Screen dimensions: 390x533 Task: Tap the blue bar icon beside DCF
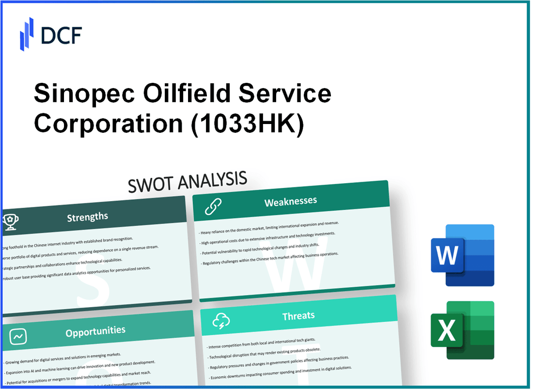pos(27,33)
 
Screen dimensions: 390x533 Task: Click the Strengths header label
pos(87,217)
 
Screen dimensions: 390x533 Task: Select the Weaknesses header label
pos(291,202)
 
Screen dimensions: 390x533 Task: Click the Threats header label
pos(298,316)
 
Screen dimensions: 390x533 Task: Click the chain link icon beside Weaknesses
pos(213,206)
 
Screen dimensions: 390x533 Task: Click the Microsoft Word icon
pos(462,255)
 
